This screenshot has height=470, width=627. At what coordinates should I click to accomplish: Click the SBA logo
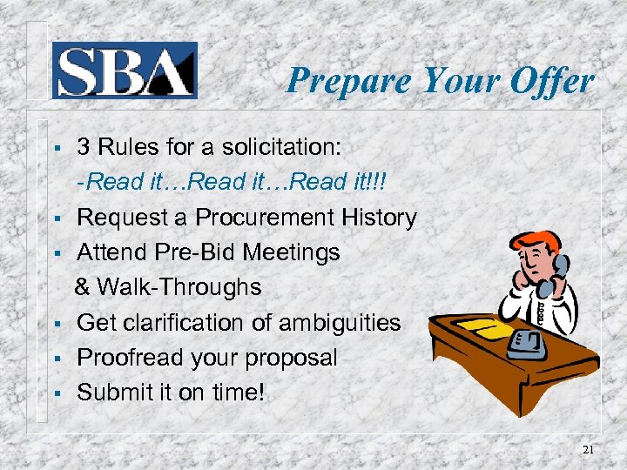coord(125,70)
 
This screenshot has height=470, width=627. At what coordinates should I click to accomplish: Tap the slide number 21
coord(588,448)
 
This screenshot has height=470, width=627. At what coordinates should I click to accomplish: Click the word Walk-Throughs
coord(179,287)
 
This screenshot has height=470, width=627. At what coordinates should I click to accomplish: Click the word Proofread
coord(129,358)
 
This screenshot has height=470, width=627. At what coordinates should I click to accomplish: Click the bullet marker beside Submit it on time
coord(54,394)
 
